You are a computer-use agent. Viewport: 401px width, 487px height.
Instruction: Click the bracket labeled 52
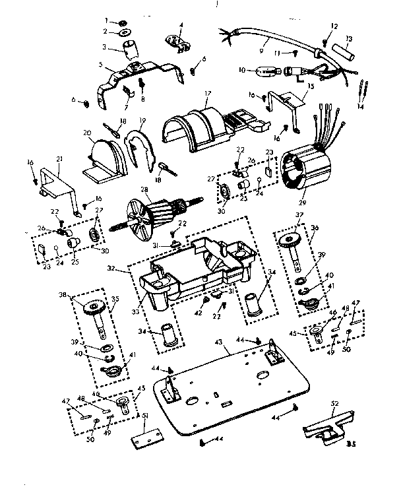click(x=326, y=426)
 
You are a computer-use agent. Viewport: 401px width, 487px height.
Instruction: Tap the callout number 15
click(x=309, y=86)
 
